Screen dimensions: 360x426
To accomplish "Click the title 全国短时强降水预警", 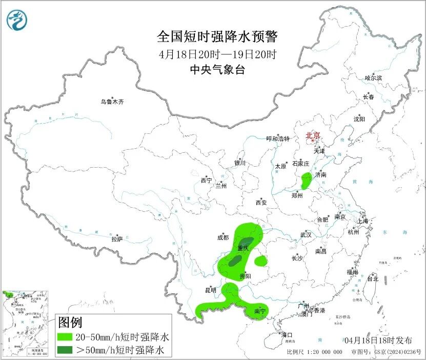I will click(x=217, y=37).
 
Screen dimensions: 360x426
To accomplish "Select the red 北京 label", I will click(x=313, y=135).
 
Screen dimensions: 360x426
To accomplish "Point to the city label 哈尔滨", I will click(x=373, y=78).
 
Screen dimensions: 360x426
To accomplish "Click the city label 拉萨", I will click(x=117, y=239).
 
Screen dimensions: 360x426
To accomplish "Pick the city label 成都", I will click(x=222, y=237).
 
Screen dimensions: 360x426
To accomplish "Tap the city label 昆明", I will click(x=211, y=290).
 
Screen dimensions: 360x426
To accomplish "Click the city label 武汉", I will click(x=306, y=235).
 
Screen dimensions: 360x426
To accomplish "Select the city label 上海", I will click(x=363, y=221).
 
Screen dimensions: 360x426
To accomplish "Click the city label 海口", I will click(x=287, y=335).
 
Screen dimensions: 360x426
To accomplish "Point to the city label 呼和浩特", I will click(x=278, y=139).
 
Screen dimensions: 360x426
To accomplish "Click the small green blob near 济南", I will click(x=307, y=180).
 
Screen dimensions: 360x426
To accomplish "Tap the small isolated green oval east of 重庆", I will click(x=260, y=261).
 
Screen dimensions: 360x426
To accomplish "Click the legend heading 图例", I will click(x=70, y=323).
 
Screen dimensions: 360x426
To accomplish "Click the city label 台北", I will click(x=372, y=279).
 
